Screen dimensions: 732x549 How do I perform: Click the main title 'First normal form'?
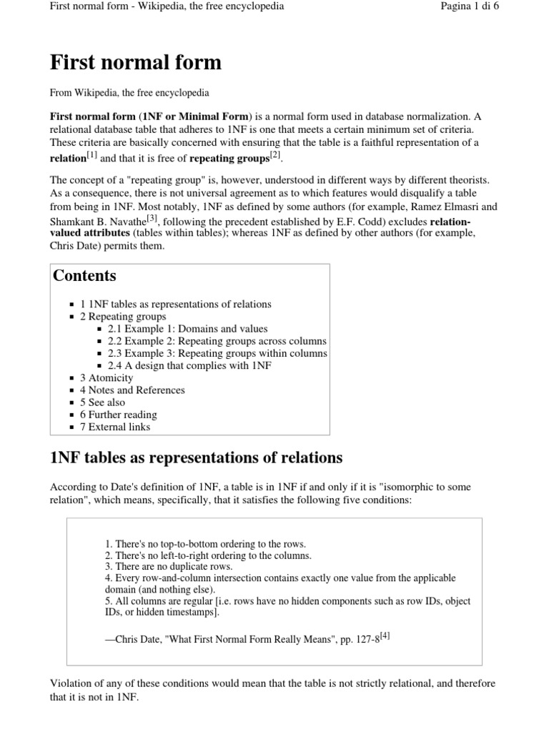[136, 63]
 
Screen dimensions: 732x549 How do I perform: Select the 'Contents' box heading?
[85, 276]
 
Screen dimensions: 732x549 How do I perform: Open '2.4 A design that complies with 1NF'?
[189, 365]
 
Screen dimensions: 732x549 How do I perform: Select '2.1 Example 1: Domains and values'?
[187, 329]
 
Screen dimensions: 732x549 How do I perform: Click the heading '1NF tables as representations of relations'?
[197, 457]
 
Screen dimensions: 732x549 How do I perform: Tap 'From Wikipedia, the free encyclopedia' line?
[129, 93]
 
